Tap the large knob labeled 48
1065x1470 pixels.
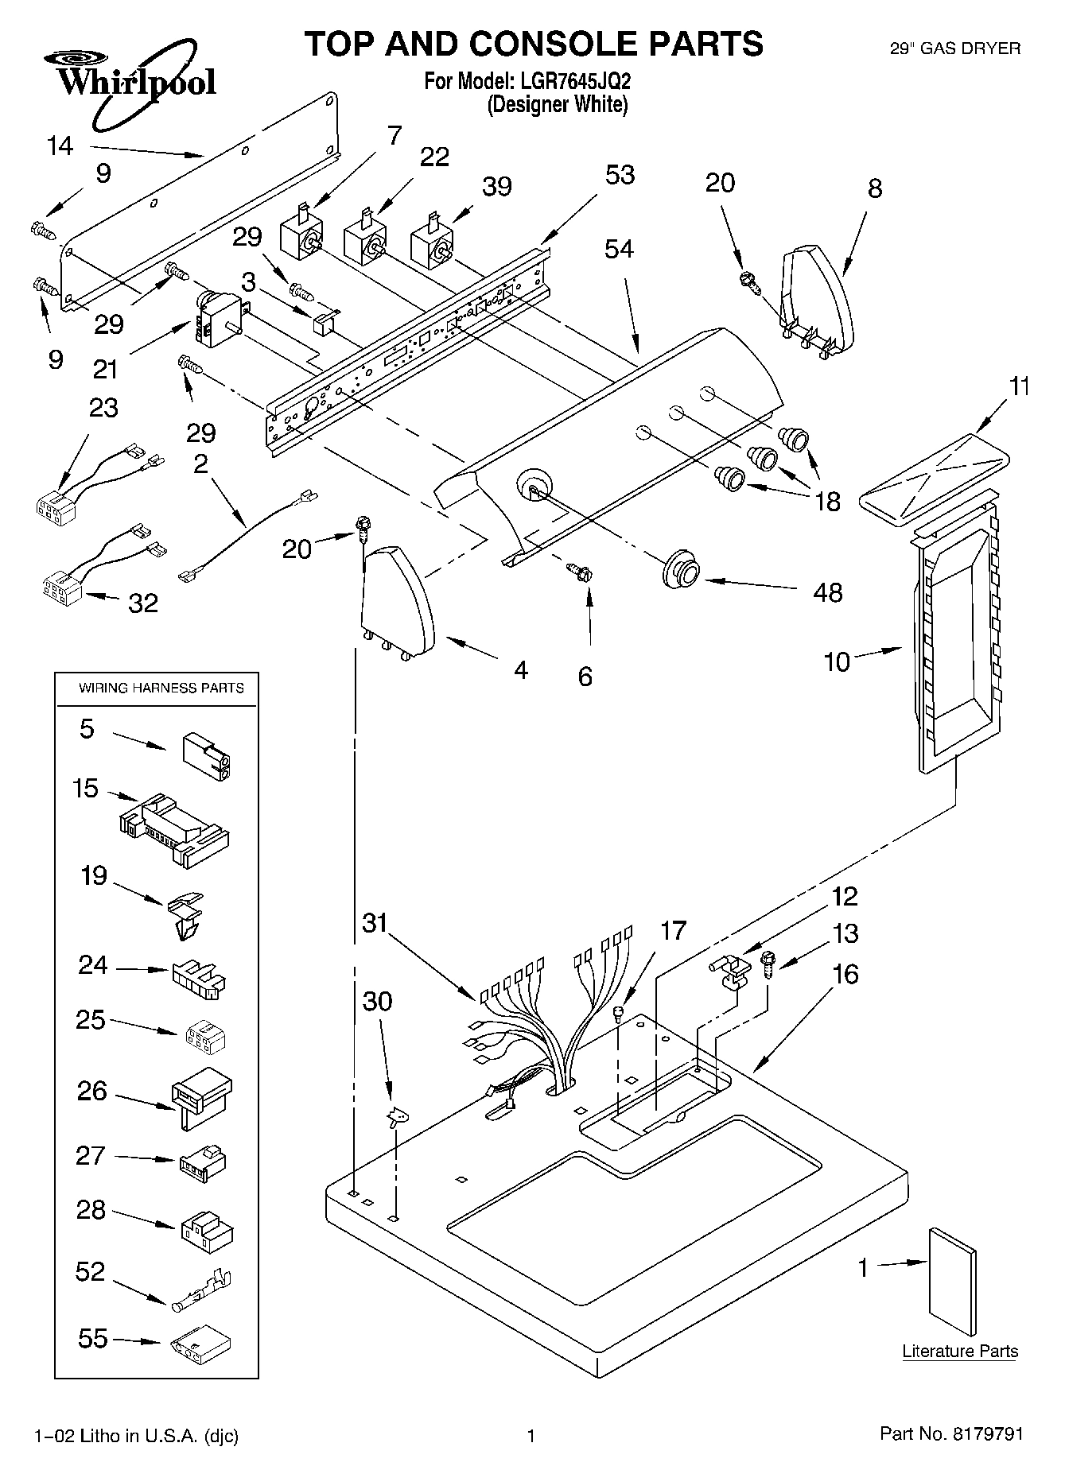682,568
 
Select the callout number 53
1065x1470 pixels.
620,174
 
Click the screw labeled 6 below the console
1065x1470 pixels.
578,571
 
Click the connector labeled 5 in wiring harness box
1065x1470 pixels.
208,754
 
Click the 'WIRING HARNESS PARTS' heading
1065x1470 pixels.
161,688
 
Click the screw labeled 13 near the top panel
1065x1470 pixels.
768,964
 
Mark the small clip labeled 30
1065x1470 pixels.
395,1117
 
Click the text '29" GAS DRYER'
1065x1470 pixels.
954,49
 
